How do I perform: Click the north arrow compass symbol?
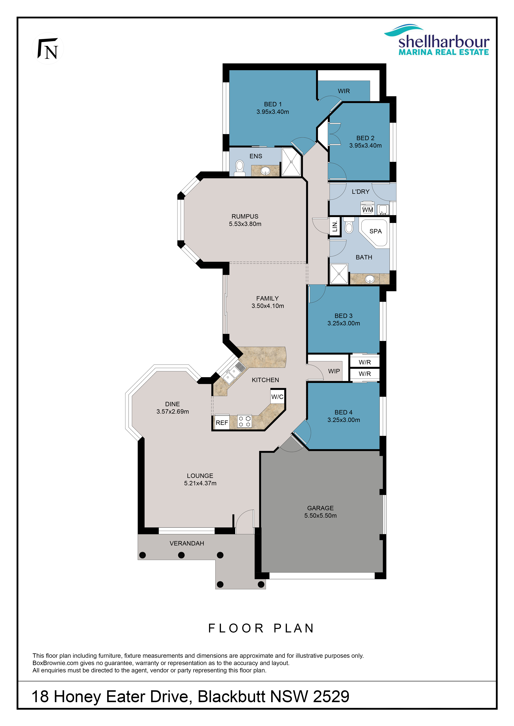click(48, 49)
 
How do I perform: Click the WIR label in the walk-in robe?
click(344, 91)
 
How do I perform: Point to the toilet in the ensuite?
click(240, 168)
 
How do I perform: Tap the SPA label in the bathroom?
click(376, 231)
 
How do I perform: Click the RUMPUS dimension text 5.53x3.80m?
click(245, 224)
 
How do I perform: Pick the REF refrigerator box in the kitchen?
click(222, 422)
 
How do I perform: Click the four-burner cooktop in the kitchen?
click(244, 421)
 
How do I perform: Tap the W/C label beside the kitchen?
click(277, 397)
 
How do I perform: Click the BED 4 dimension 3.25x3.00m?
click(344, 420)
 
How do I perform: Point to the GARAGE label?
click(320, 508)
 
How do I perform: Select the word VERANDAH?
click(187, 543)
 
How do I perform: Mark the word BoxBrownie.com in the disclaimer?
click(55, 663)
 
